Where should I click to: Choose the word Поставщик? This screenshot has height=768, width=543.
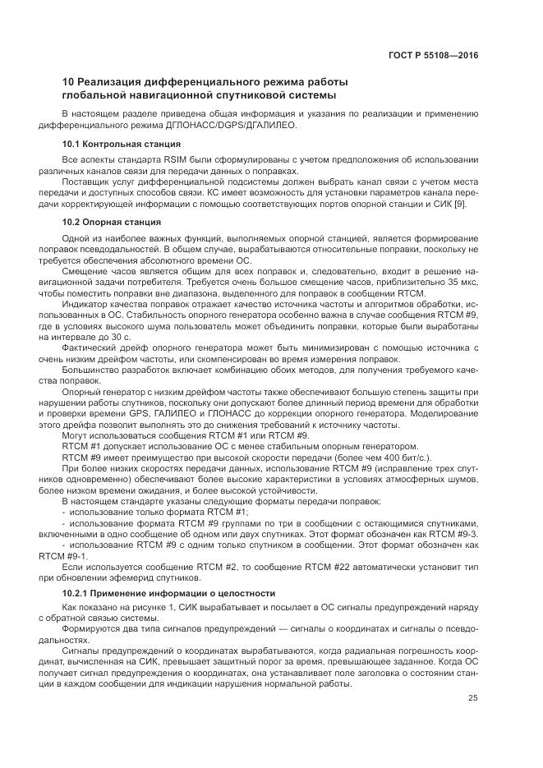[87, 181]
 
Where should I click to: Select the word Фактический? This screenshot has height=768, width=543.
[90, 347]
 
